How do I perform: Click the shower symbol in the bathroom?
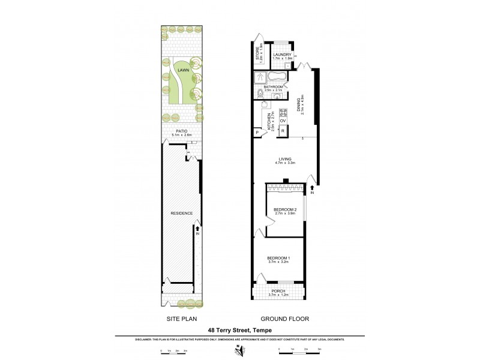260,76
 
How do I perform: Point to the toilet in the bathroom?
260,93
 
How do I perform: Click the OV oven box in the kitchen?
283,121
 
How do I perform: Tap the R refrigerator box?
283,131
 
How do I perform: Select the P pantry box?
257,133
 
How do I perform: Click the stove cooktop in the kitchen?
283,111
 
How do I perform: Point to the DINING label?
299,106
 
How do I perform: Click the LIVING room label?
283,159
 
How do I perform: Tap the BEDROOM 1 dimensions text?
278,262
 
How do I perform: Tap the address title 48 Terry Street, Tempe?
240,329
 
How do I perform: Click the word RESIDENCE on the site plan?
181,214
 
